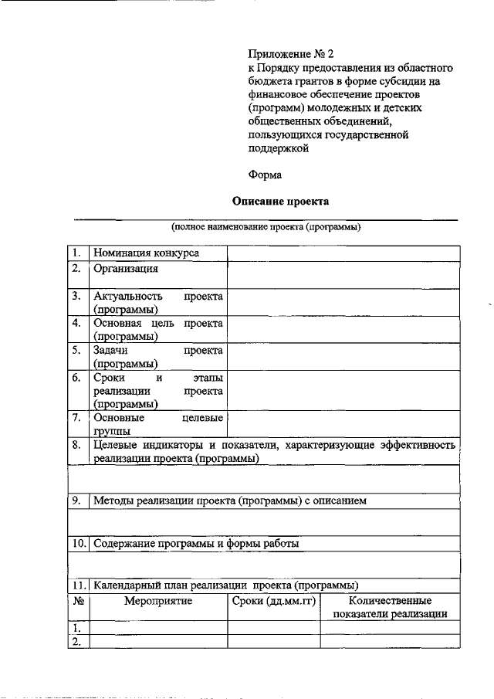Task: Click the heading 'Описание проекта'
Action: [x=281, y=202]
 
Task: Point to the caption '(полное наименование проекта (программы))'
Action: [x=266, y=228]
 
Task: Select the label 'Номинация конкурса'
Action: [x=146, y=253]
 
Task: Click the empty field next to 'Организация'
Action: [x=343, y=275]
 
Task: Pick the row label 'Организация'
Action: [x=125, y=269]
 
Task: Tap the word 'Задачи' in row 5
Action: [x=110, y=349]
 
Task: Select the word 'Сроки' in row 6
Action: [x=109, y=378]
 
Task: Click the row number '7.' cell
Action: [x=76, y=418]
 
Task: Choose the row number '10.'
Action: [x=78, y=543]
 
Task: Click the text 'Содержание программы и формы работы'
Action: [x=196, y=543]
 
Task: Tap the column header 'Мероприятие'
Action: [x=157, y=600]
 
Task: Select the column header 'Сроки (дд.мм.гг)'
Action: [x=273, y=600]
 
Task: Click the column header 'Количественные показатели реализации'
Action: [x=390, y=607]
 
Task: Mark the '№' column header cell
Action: [x=77, y=600]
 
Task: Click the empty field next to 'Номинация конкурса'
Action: [x=343, y=253]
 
